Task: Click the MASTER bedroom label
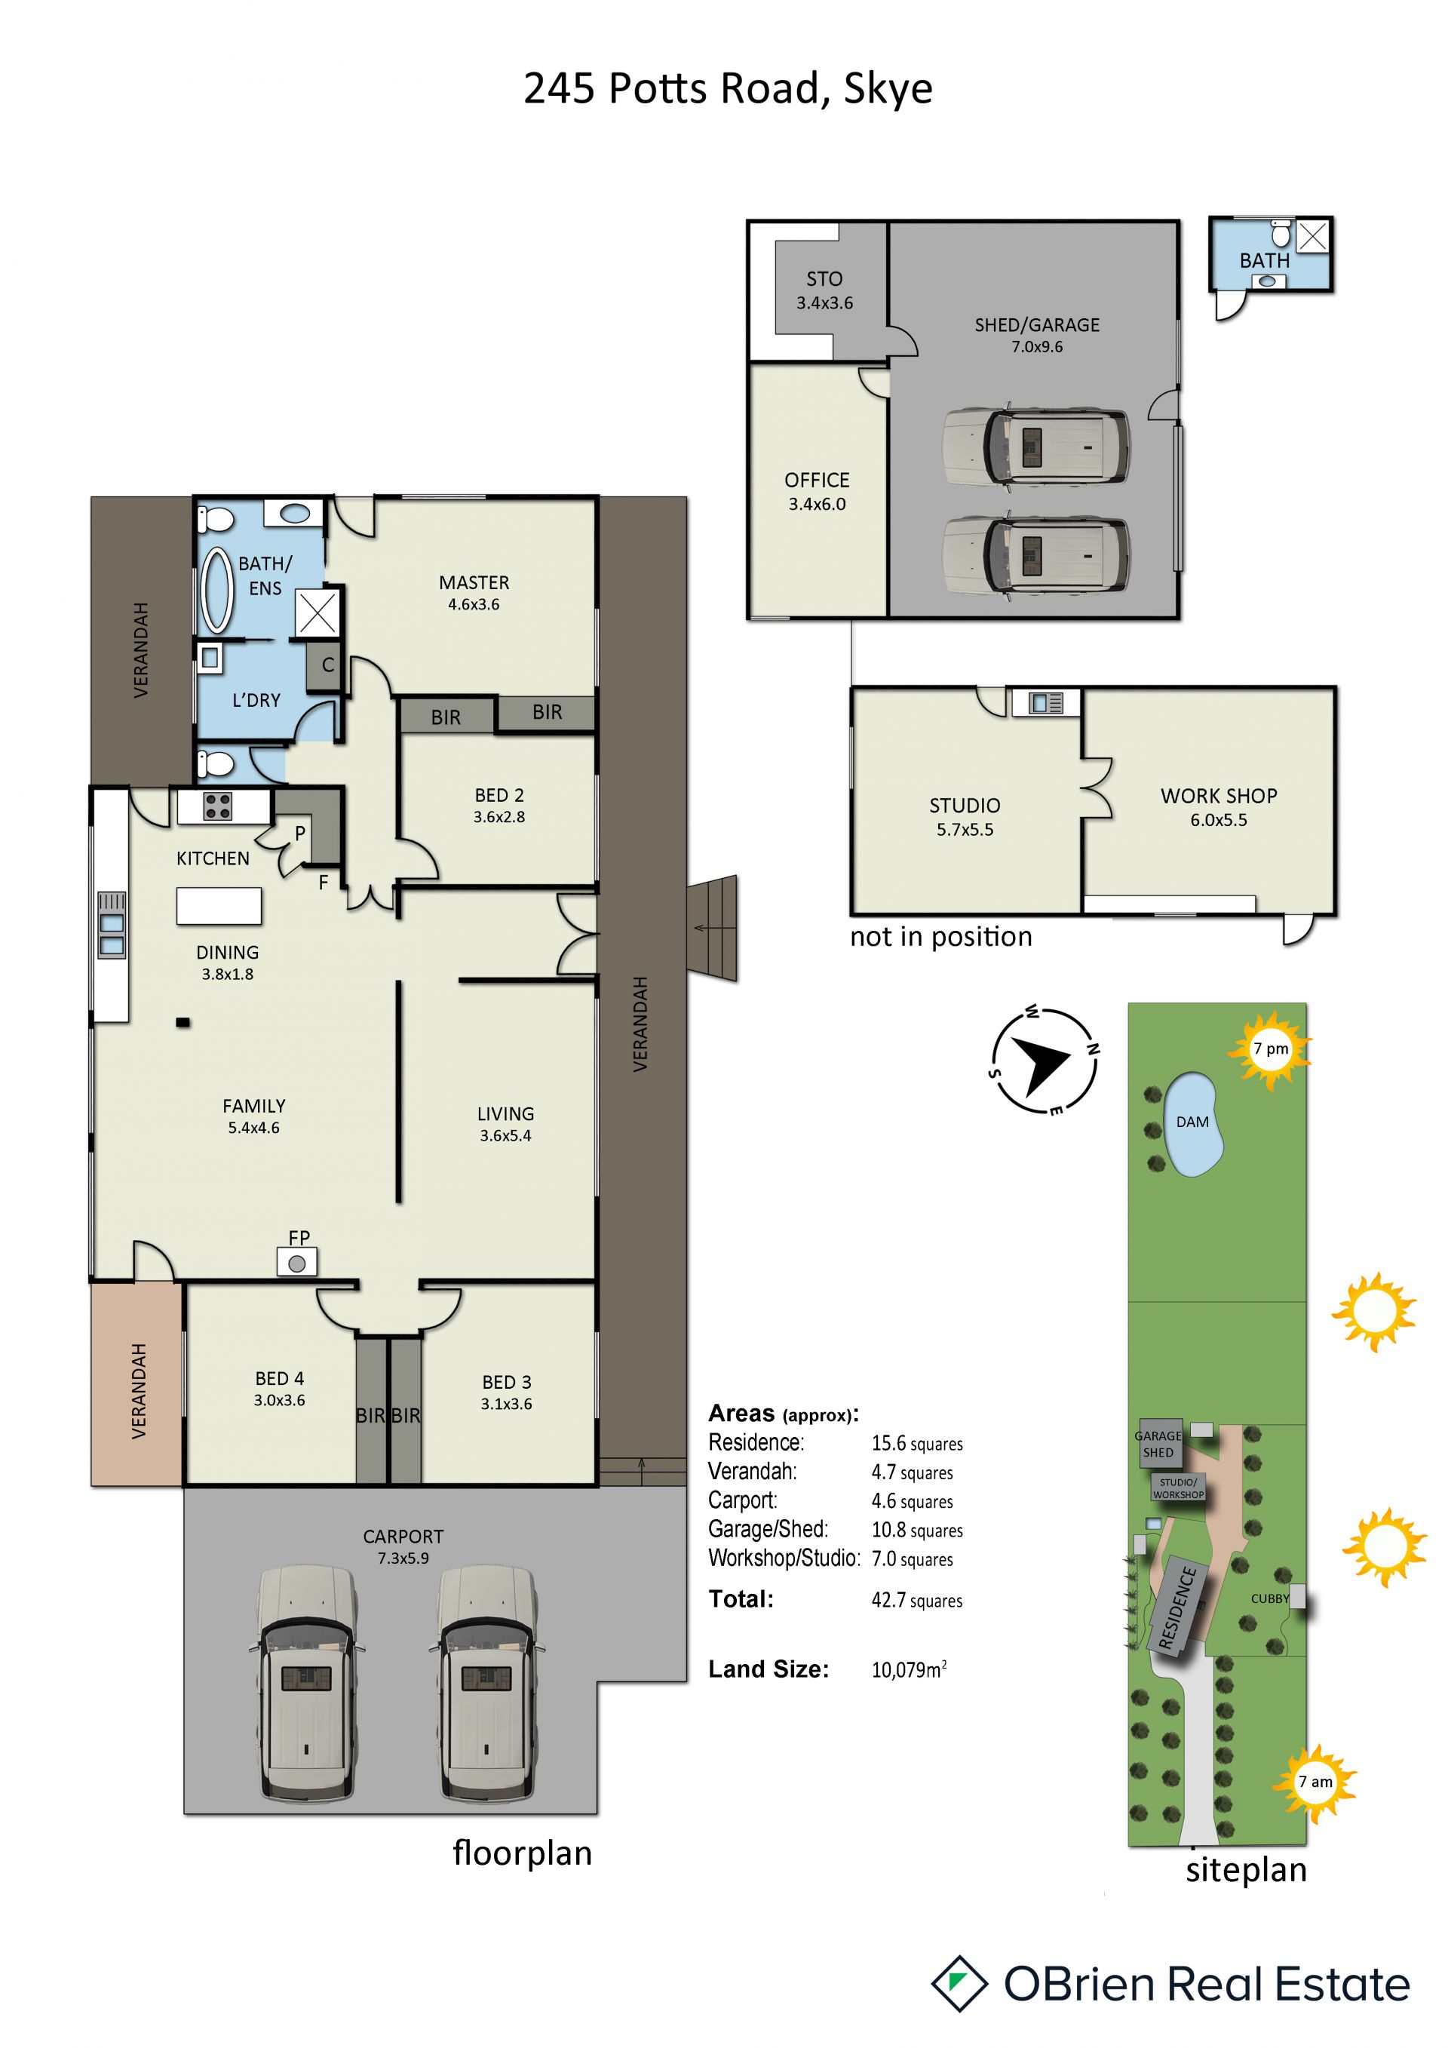pos(474,582)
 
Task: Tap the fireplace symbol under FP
pos(297,1263)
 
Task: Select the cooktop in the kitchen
pos(219,806)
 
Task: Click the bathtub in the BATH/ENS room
pos(217,591)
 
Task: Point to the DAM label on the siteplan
pos(1192,1122)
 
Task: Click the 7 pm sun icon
pos(1270,1050)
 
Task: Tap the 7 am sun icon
pos(1315,1782)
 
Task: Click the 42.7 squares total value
pos(916,1600)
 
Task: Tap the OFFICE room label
pos(817,480)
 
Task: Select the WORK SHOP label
pos(1219,796)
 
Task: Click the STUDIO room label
pos(965,806)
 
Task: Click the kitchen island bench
pos(219,905)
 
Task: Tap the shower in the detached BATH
pos(1312,236)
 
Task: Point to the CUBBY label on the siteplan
pos(1270,1598)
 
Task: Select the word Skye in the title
pos(888,89)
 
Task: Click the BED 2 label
pos(499,795)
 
